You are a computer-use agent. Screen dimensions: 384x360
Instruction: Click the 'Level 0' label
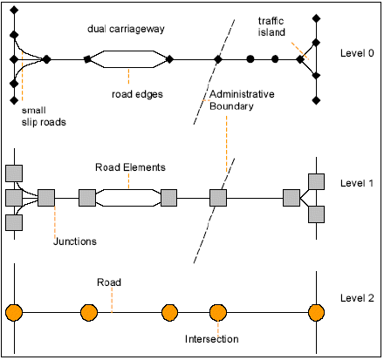pyautogui.click(x=357, y=53)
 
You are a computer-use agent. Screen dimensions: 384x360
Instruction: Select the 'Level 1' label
pyautogui.click(x=357, y=183)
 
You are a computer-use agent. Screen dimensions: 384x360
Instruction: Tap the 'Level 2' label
pyautogui.click(x=357, y=298)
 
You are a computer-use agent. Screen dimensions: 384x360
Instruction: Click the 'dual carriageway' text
pyautogui.click(x=126, y=29)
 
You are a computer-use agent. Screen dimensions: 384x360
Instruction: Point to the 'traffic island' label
pyautogui.click(x=271, y=26)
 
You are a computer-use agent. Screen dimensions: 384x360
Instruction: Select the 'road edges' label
pyautogui.click(x=137, y=94)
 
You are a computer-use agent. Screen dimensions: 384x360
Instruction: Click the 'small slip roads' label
pyautogui.click(x=44, y=116)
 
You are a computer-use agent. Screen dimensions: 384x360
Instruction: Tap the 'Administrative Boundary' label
pyautogui.click(x=242, y=100)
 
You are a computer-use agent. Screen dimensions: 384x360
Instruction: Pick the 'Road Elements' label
pyautogui.click(x=130, y=167)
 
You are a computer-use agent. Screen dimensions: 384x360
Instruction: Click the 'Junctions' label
pyautogui.click(x=75, y=241)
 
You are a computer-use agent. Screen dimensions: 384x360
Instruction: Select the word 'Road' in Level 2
pyautogui.click(x=109, y=282)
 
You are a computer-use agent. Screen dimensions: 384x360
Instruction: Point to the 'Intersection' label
pyautogui.click(x=212, y=339)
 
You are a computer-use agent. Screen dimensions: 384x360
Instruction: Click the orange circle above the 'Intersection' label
pyautogui.click(x=218, y=313)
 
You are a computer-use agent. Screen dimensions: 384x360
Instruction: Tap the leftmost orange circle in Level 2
pyautogui.click(x=14, y=313)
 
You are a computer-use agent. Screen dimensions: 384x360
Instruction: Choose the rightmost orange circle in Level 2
pyautogui.click(x=316, y=313)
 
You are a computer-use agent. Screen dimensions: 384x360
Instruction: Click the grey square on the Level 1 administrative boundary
pyautogui.click(x=218, y=198)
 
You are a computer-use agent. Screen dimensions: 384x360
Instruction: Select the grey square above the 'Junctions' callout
pyautogui.click(x=46, y=198)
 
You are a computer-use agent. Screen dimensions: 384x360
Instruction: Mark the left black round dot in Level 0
pyautogui.click(x=250, y=59)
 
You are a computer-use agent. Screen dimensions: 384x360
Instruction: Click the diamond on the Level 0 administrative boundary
pyautogui.click(x=218, y=59)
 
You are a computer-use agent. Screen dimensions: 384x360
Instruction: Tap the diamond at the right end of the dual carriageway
pyautogui.click(x=169, y=59)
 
